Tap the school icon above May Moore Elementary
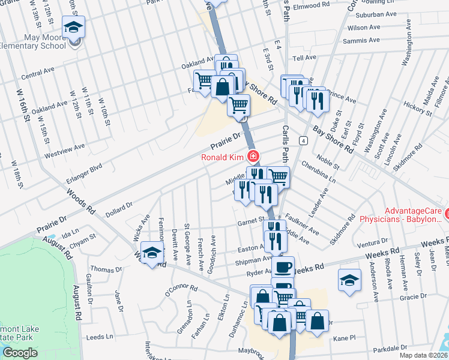coord(73,27)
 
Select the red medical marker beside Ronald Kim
coord(253,157)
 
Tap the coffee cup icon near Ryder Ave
coord(283,266)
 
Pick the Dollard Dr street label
coord(119,208)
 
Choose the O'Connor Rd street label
coord(181,289)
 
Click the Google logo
coord(20,352)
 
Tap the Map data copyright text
coord(423,355)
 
